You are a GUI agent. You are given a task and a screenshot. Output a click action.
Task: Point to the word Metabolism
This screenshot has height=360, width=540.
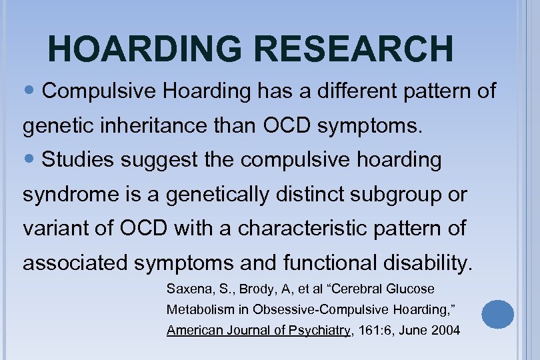199,309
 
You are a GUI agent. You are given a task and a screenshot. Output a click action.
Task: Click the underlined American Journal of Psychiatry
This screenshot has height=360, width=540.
259,330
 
